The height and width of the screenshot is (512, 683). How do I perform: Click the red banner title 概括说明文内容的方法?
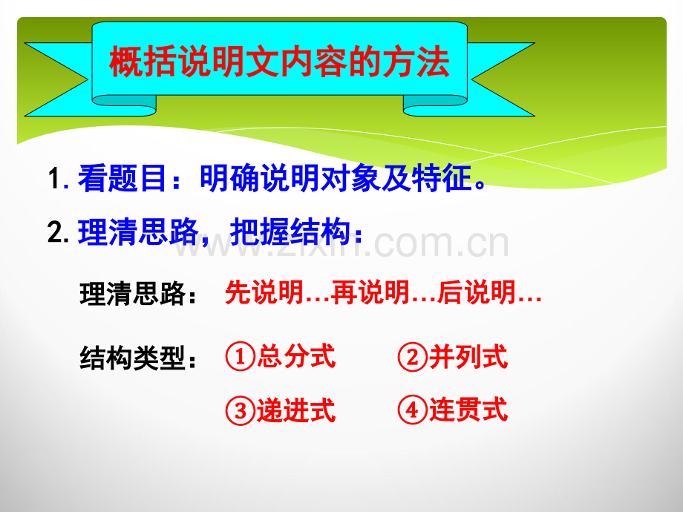(279, 62)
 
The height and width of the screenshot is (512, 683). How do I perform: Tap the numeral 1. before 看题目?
(59, 178)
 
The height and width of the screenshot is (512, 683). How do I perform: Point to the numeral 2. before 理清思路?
(59, 232)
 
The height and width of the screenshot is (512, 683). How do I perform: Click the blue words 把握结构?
(290, 232)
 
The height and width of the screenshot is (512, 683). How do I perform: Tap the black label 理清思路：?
(139, 293)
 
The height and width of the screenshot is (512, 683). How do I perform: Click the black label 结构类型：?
(139, 358)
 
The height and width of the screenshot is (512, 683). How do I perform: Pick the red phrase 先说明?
(264, 292)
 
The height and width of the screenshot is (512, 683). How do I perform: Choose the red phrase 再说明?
(370, 292)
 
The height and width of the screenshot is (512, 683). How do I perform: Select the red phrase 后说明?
(477, 292)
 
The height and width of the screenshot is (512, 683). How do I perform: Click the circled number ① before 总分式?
(240, 357)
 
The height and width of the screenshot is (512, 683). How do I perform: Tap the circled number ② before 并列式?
(412, 357)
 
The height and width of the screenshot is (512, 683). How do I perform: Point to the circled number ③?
(240, 410)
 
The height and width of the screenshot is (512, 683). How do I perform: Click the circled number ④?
(412, 410)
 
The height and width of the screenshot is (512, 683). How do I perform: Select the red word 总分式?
(296, 357)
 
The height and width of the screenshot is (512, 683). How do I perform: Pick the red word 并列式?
(468, 357)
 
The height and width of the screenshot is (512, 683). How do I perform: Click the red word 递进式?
(296, 410)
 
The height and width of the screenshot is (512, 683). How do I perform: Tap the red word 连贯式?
(468, 410)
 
